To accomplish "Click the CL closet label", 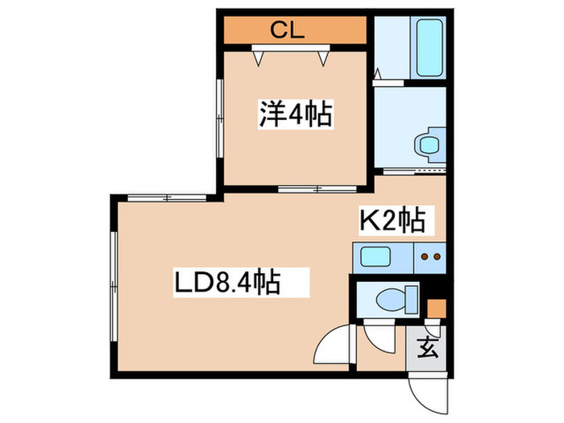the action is (x=288, y=30).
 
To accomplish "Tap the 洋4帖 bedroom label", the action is (x=296, y=114).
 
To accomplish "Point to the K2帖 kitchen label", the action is (x=393, y=220).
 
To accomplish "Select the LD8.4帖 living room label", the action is (x=227, y=282).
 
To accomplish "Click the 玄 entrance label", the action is (x=427, y=347).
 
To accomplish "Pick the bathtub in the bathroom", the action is (x=429, y=48).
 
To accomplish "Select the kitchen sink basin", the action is (x=375, y=256).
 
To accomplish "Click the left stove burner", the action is (x=425, y=256).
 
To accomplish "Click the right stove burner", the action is (x=437, y=256).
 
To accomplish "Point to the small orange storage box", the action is (x=437, y=309).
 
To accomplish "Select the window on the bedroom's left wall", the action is (x=220, y=118).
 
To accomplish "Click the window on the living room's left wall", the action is (x=114, y=286).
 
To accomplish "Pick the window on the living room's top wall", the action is (x=167, y=198).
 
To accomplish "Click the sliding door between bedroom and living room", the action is (x=317, y=189).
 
